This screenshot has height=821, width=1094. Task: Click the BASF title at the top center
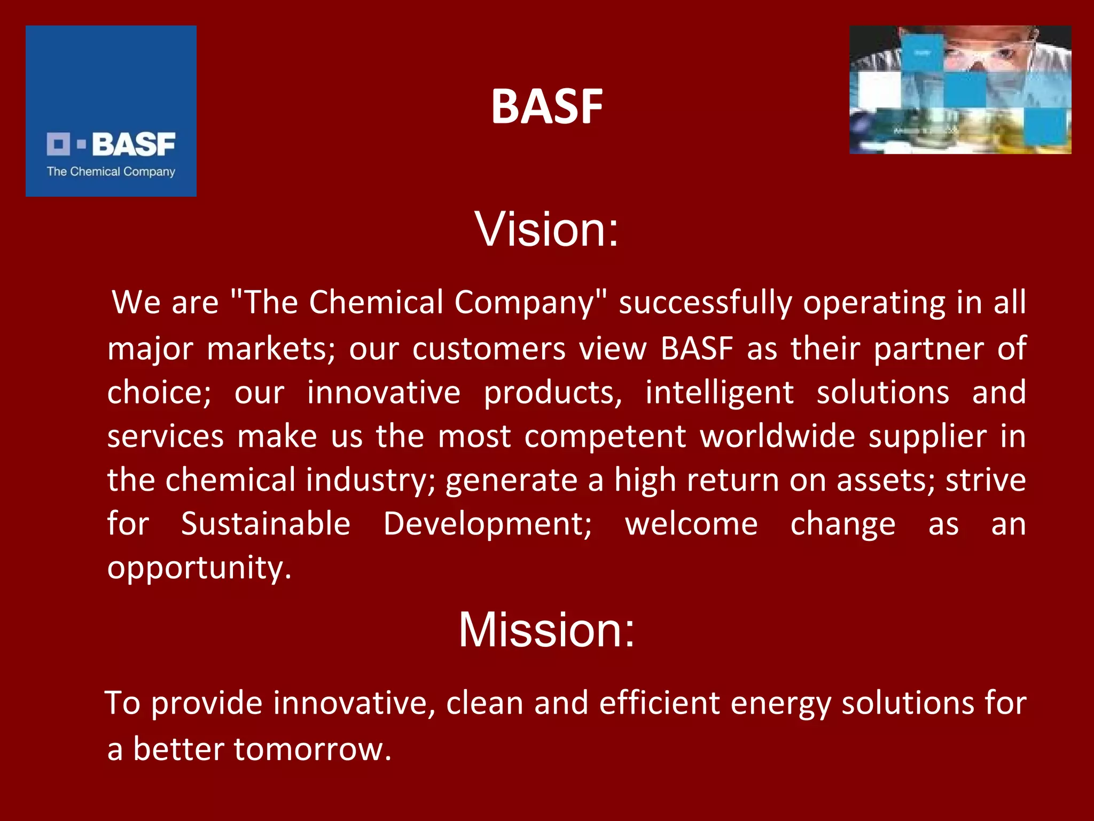(546, 106)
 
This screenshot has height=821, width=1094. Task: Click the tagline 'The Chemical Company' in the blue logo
(111, 172)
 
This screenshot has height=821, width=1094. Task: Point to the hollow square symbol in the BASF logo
(58, 144)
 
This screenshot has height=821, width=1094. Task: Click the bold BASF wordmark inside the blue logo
(134, 144)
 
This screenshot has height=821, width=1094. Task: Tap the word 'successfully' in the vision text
(705, 303)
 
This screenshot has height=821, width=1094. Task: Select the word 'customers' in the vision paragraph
(489, 349)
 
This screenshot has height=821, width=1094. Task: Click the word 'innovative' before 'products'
(384, 393)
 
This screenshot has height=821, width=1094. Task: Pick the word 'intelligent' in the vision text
(719, 393)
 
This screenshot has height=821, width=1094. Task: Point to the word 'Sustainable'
(265, 524)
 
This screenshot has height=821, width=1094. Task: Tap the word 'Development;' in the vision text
(488, 524)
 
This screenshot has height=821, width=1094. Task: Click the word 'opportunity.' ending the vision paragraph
(199, 568)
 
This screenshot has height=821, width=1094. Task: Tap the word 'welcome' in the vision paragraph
(691, 524)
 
